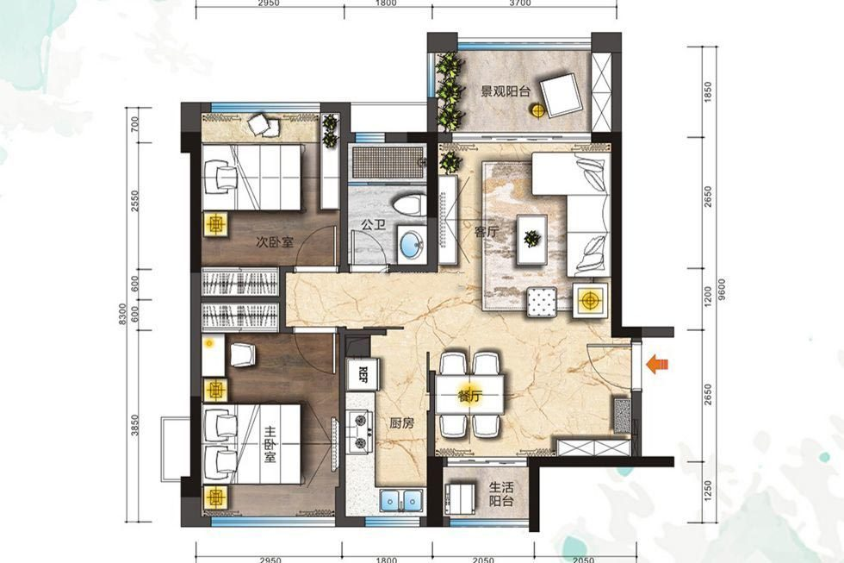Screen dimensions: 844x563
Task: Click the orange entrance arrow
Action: [x=656, y=365]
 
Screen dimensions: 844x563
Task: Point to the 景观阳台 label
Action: [x=505, y=92]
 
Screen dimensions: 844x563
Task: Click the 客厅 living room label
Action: [x=486, y=233]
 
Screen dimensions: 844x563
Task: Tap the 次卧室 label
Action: [x=275, y=242]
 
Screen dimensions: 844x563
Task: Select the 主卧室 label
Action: [x=270, y=445]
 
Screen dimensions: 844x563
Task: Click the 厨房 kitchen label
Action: [x=401, y=423]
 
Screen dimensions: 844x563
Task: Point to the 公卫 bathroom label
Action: [x=373, y=225]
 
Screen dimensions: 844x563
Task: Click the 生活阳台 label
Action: [x=501, y=494]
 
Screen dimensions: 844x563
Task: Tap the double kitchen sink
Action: [x=401, y=501]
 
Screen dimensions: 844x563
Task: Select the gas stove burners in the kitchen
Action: [x=360, y=431]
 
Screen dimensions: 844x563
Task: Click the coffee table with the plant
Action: [x=532, y=240]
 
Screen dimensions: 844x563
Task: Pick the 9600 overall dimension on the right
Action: [x=722, y=290]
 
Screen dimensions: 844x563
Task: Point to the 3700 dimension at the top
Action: [x=520, y=3]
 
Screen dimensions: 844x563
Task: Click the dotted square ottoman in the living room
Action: [x=541, y=301]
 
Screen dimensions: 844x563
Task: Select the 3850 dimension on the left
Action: [x=134, y=425]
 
